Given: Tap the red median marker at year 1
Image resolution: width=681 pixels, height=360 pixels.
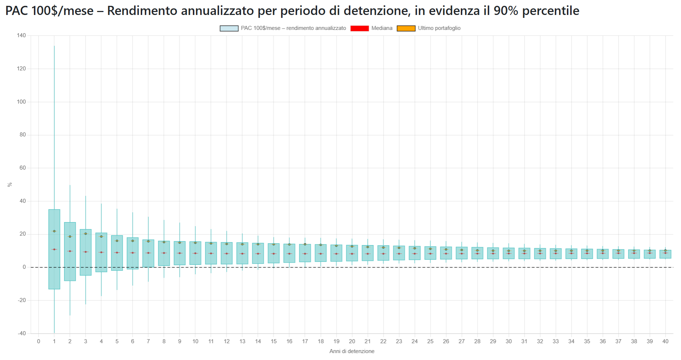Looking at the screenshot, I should [x=54, y=249].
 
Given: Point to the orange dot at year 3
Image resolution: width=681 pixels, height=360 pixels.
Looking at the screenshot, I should [x=86, y=234].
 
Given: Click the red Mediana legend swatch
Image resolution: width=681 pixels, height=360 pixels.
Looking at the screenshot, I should [x=359, y=28].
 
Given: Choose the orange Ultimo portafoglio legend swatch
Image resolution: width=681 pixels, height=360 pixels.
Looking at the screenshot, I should [x=406, y=28].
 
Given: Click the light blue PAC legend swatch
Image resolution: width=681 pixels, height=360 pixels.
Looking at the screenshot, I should [x=229, y=28].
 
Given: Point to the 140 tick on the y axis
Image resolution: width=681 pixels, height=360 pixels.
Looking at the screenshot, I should [x=22, y=35].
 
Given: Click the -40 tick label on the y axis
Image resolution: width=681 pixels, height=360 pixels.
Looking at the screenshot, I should [x=22, y=333].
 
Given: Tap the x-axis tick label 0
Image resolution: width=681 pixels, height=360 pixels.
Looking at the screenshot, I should [x=39, y=341].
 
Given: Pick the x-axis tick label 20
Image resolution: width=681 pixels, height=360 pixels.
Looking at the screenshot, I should [x=352, y=341].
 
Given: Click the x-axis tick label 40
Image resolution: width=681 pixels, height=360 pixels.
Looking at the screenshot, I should [x=665, y=341].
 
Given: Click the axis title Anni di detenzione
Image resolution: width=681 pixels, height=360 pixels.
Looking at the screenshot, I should [x=352, y=351].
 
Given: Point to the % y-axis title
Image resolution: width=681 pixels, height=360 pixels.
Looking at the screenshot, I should [x=10, y=185].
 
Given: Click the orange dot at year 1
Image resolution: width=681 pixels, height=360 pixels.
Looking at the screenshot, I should [x=54, y=231].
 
